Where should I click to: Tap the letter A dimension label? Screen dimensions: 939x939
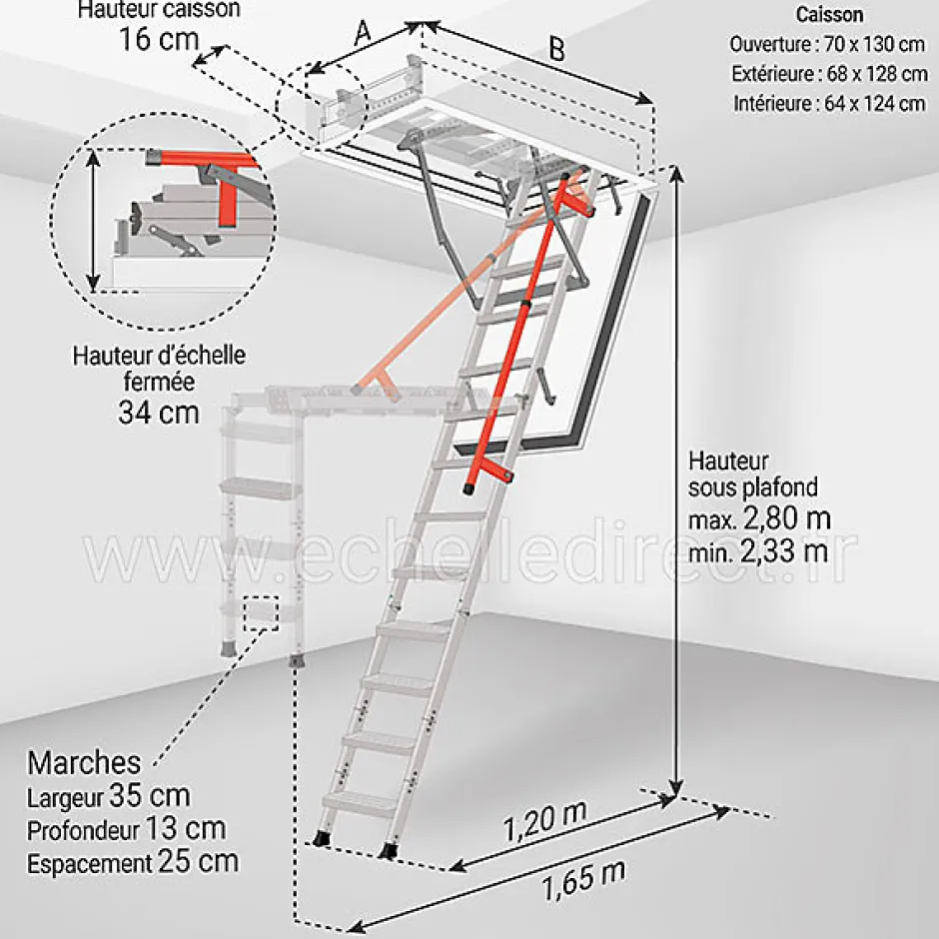(363, 32)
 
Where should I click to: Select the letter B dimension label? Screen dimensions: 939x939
(555, 50)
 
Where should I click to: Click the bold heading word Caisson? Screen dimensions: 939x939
(829, 16)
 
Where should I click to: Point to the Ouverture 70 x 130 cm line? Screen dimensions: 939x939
(827, 45)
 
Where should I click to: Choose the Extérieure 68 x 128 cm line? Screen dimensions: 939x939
(828, 74)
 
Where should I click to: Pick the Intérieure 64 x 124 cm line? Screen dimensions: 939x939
(829, 103)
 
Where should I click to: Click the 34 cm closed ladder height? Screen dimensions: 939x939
(158, 412)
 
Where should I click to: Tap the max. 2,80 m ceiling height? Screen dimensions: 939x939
(759, 519)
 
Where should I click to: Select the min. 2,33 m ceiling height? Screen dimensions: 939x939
(758, 548)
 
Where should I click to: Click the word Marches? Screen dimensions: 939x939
(84, 764)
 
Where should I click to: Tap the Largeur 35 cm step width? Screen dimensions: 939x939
(108, 797)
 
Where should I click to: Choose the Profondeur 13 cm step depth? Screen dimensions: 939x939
(126, 829)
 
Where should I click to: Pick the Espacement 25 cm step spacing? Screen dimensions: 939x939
(133, 861)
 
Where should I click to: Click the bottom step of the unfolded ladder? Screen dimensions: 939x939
(360, 802)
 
